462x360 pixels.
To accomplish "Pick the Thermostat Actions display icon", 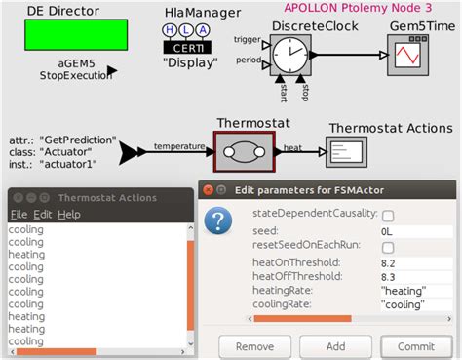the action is click(x=344, y=152).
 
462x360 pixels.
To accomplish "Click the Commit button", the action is click(x=416, y=346).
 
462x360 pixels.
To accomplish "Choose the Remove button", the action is click(x=254, y=346).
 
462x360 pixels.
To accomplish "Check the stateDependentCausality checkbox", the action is click(x=387, y=215).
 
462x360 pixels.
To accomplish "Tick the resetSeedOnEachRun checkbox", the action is click(x=387, y=247).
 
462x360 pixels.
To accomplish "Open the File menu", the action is click(x=19, y=214).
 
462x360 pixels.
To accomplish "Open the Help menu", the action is click(x=68, y=214).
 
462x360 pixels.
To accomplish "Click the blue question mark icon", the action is click(x=221, y=221).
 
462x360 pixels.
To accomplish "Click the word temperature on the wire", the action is click(x=179, y=147).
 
